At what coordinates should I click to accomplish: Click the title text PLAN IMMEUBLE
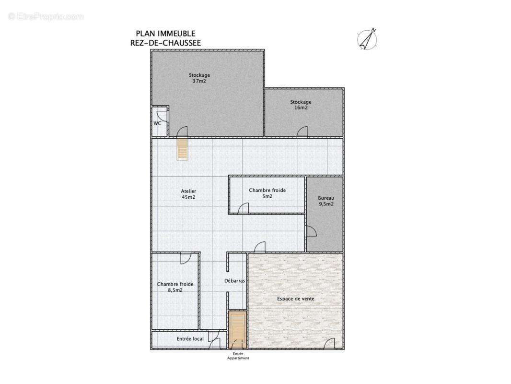coord(165,34)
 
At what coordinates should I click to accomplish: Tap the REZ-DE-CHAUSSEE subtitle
coord(165,43)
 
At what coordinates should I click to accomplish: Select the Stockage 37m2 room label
coord(199,78)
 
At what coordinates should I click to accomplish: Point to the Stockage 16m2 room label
coord(301,105)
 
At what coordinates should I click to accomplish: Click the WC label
coord(157,123)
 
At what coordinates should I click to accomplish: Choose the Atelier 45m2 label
coord(188,194)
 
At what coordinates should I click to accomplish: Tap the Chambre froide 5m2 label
coord(267,193)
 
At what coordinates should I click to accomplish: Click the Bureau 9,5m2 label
coord(326,201)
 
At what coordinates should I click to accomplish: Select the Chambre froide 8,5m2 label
coord(175,287)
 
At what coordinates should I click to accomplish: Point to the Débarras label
coord(235,281)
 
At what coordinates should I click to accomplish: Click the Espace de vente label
coord(295,299)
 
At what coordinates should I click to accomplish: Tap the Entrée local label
coord(190,339)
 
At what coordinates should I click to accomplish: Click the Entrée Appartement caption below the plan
coord(238,356)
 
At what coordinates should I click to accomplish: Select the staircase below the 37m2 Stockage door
coord(183,149)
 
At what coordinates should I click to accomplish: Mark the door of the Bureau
coord(311,231)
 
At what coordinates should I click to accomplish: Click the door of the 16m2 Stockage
coord(302,132)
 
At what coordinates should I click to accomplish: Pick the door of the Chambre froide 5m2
coord(244,208)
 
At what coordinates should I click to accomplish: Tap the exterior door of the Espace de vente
coord(329,343)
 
